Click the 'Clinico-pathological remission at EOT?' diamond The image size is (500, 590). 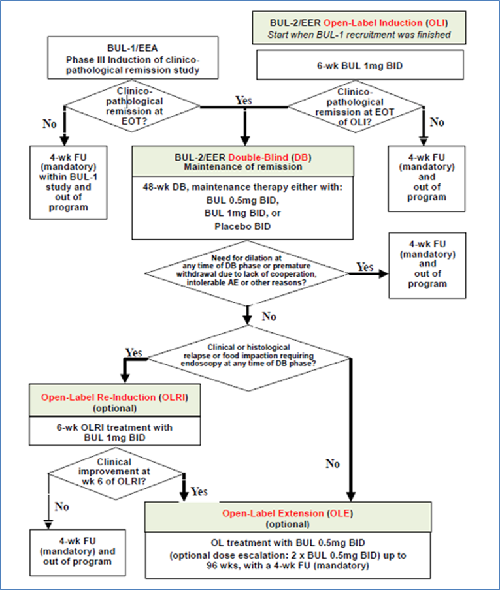click(133, 103)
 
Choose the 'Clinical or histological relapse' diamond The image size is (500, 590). click(246, 356)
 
